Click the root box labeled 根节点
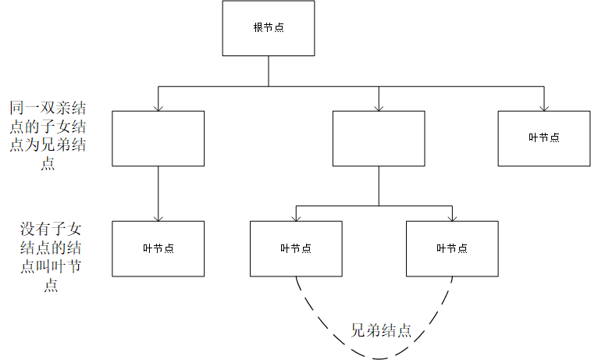(x=269, y=28)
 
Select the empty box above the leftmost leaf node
(x=158, y=138)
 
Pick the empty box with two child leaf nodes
(x=379, y=138)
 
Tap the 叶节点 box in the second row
(x=544, y=138)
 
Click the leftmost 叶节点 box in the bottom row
(x=158, y=248)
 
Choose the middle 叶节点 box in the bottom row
(x=296, y=248)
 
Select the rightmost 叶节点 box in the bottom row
(x=452, y=248)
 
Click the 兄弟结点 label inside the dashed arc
(x=381, y=330)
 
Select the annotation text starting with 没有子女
(x=52, y=257)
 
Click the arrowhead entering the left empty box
(x=158, y=107)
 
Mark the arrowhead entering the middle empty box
(x=379, y=107)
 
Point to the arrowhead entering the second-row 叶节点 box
(x=544, y=107)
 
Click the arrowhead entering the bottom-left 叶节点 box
(x=158, y=217)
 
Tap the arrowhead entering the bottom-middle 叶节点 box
(x=296, y=217)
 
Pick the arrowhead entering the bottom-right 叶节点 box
(x=452, y=217)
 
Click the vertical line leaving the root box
(x=269, y=70)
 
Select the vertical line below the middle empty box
(x=379, y=185)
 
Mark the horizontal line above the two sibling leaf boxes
(x=374, y=205)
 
